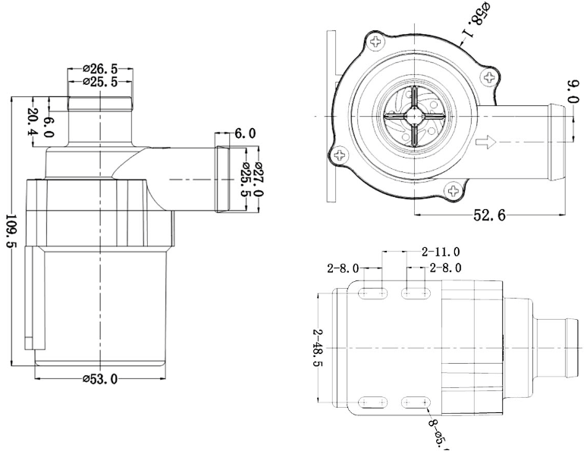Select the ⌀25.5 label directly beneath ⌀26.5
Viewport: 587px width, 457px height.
coord(100,82)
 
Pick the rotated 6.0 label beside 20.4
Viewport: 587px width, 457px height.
coord(49,127)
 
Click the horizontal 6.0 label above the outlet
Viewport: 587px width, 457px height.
coord(244,133)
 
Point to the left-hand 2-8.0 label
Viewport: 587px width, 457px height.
coord(343,268)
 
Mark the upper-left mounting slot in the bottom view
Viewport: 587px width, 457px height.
coord(373,292)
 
